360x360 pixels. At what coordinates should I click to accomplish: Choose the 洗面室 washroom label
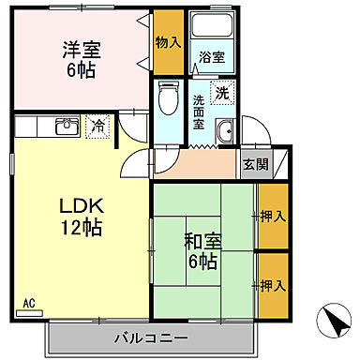(x=200, y=112)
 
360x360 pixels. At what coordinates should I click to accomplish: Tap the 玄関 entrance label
(x=254, y=163)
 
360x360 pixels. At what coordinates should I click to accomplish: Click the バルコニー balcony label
(x=151, y=337)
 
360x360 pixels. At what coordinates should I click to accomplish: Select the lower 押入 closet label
(x=272, y=285)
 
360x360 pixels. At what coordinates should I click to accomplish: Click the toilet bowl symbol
(x=169, y=97)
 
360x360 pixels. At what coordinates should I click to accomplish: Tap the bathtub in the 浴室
(x=211, y=28)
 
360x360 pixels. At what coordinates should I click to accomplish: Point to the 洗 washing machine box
(x=222, y=93)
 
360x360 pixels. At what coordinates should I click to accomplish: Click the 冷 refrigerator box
(x=97, y=125)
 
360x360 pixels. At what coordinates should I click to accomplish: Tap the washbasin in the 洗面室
(x=225, y=132)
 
